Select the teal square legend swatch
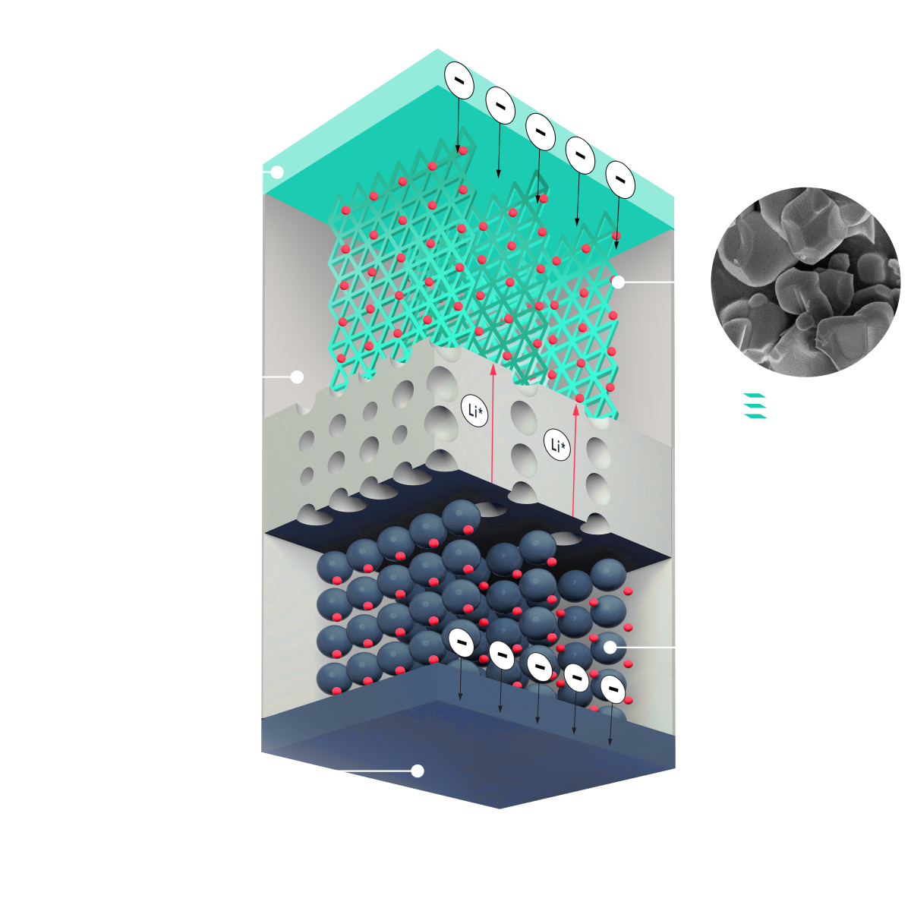pyautogui.click(x=759, y=415)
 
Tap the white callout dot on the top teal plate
pyautogui.click(x=277, y=172)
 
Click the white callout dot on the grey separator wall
pyautogui.click(x=297, y=377)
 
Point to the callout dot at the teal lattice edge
pyautogui.click(x=618, y=282)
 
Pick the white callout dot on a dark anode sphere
pyautogui.click(x=610, y=648)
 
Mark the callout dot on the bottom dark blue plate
pyautogui.click(x=417, y=771)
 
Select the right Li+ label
pyautogui.click(x=557, y=445)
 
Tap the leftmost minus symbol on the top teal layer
pyautogui.click(x=459, y=80)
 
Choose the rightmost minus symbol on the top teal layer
pyautogui.click(x=620, y=180)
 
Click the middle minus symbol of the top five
pyautogui.click(x=540, y=131)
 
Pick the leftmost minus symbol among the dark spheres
pyautogui.click(x=461, y=642)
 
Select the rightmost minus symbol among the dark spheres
pyautogui.click(x=613, y=689)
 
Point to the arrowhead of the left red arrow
pyautogui.click(x=493, y=370)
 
